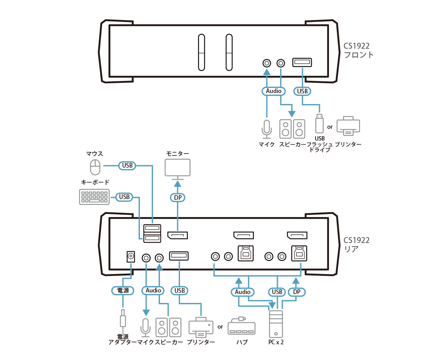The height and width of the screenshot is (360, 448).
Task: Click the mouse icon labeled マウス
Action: point(95,167)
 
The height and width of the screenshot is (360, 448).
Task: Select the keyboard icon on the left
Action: point(94,197)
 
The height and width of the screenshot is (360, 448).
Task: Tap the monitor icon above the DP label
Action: point(177,168)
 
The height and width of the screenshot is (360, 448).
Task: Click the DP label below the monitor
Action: point(178,197)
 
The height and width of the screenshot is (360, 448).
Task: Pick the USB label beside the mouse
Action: point(127,166)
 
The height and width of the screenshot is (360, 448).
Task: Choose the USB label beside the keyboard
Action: point(124,197)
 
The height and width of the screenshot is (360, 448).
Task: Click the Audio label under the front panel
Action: point(274,91)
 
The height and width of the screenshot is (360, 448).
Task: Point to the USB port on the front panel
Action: point(302,63)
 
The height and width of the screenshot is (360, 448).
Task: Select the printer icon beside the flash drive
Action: point(348,126)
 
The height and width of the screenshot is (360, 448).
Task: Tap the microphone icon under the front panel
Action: point(267,129)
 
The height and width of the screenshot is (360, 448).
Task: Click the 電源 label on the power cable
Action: point(123,291)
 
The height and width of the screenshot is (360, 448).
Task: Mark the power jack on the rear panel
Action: point(130,257)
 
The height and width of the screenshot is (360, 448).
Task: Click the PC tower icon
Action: point(275,323)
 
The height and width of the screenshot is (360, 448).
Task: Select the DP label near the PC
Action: point(297,292)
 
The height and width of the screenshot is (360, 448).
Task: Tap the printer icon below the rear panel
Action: point(201,327)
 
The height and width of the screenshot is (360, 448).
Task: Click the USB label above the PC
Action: point(277,292)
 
